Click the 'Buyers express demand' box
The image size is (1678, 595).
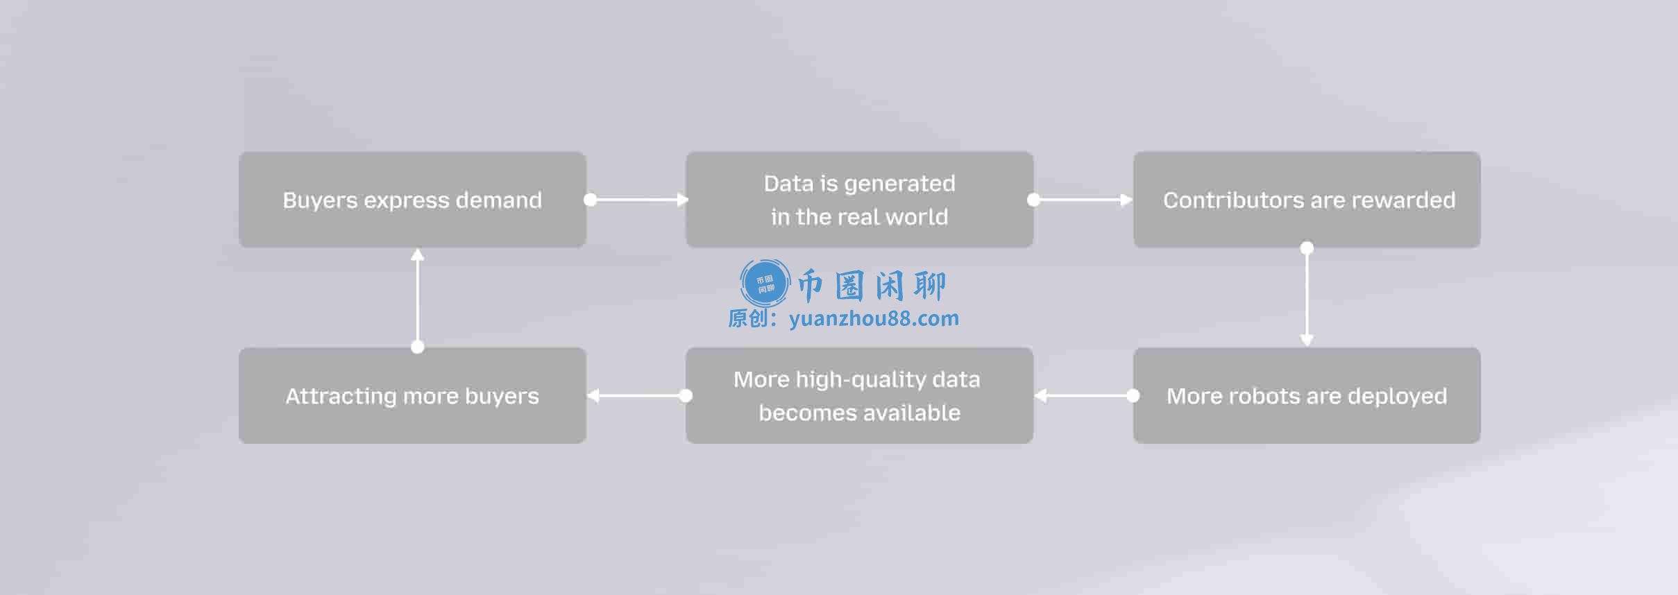412,200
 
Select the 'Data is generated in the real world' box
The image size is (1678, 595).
860,200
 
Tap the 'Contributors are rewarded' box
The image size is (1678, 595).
1307,200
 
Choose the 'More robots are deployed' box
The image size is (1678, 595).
1307,395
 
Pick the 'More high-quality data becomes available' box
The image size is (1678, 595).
860,395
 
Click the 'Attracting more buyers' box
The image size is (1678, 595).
412,395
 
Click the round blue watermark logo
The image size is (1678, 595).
765,283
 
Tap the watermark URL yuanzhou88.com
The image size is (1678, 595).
874,319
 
